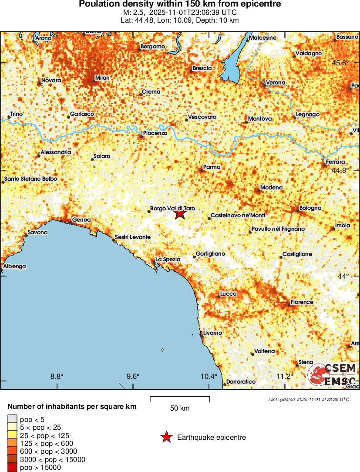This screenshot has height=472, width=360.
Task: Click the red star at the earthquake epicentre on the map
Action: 180,214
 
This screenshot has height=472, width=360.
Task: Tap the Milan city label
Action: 102,78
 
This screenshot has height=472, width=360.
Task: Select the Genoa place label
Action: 81,219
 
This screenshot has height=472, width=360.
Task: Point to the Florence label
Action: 302,302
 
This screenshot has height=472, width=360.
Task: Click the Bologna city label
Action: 310,208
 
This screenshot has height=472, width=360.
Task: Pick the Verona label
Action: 276,82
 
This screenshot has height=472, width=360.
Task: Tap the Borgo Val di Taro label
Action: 172,209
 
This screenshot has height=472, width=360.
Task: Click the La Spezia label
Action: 168,259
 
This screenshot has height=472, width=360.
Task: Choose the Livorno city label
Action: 212,333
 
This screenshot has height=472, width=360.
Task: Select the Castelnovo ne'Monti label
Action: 238,216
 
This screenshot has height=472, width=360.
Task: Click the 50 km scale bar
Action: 180,398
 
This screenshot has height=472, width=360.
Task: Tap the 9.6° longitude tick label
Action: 133,377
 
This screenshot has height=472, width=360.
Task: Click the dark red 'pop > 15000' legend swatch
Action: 12,468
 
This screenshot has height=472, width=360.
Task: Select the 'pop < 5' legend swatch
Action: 12,419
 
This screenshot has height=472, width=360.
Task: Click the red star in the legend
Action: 166,437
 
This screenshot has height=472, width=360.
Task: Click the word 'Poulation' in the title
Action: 97,4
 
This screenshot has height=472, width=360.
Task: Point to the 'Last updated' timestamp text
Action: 308,399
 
